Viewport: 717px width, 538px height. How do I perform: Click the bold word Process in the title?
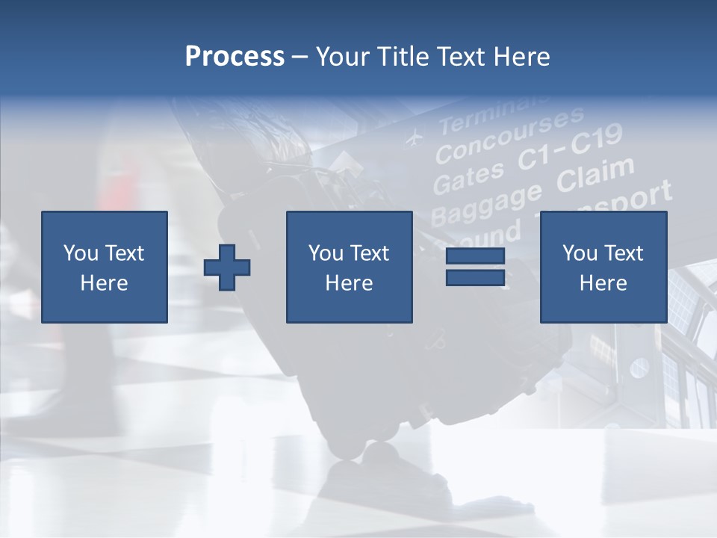tap(235, 56)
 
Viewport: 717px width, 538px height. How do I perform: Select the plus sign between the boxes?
tap(227, 268)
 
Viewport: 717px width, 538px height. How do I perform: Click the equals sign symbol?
tap(475, 267)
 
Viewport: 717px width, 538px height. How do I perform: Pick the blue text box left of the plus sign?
tap(105, 267)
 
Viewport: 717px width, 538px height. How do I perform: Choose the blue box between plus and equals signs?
tap(349, 267)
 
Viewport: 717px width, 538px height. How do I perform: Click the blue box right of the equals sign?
tap(603, 267)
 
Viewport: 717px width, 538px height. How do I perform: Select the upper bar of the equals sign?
tap(475, 257)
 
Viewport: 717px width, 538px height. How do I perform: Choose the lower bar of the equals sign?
tap(475, 277)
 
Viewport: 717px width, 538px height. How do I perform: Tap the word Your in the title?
tap(342, 56)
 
